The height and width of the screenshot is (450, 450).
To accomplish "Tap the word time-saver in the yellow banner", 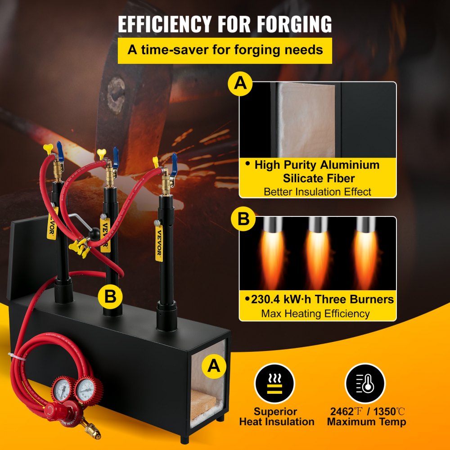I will (x=181, y=49).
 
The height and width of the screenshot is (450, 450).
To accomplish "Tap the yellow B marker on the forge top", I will (x=111, y=296).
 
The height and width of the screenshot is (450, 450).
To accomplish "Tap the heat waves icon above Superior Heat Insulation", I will (x=274, y=384).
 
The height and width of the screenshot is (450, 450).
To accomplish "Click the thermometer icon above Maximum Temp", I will (x=365, y=384).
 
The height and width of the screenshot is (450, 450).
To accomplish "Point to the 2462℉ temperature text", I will (x=345, y=411).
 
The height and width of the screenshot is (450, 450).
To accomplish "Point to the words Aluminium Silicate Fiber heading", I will (x=318, y=171).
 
